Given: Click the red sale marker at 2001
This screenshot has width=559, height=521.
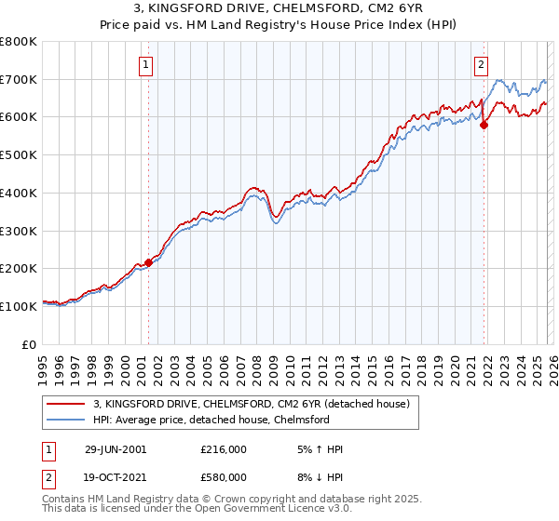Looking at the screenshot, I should point(148,262).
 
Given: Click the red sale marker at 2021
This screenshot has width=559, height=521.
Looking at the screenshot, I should point(484,126).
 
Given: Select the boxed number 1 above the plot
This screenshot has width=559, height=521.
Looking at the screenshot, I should point(148,64).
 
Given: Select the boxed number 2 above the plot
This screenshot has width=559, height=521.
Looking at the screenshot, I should point(481,64).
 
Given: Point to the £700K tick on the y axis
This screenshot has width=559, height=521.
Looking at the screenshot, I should point(19,79).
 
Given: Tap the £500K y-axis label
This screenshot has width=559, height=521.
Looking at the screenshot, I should point(19,154).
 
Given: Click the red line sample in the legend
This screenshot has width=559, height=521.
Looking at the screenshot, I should point(66,404).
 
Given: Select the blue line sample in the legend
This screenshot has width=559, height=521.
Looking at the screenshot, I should point(66,420).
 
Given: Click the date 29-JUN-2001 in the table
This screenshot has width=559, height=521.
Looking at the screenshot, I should point(115,449).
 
